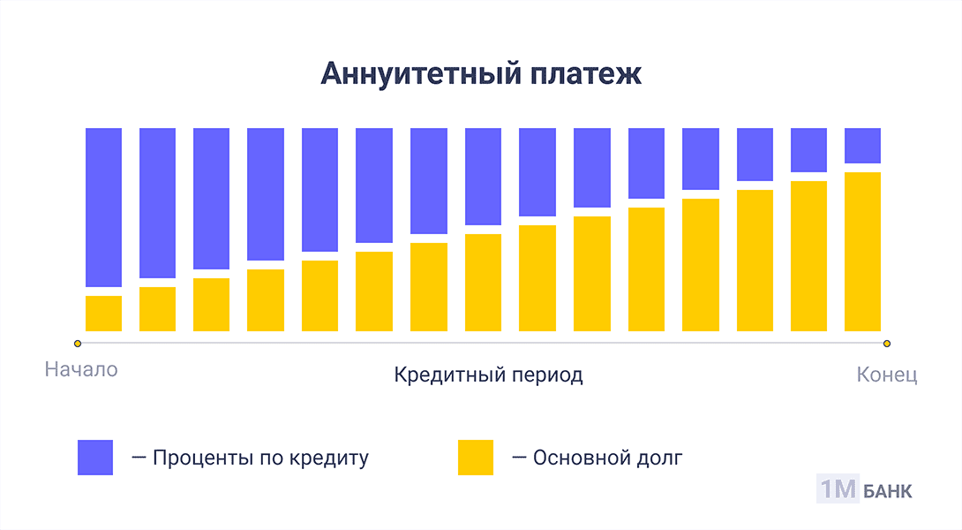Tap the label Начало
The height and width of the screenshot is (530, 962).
coord(81,369)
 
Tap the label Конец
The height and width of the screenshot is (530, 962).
coord(887,375)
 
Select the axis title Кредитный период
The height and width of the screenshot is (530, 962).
coord(488,375)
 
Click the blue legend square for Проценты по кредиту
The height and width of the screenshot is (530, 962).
coord(95,457)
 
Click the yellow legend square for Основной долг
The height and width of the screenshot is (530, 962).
coord(476,457)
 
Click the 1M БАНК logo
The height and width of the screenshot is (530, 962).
coord(864,490)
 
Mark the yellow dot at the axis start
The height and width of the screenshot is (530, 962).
coord(78,343)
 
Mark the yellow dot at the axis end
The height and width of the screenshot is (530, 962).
coord(887,343)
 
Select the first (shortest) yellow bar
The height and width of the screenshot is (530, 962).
coord(103,314)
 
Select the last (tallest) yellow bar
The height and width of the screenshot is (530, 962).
coord(862,252)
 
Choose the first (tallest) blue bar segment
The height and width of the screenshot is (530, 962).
coord(103,208)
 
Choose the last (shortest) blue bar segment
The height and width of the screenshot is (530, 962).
coord(862,146)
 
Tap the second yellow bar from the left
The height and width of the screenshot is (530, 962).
coord(157,309)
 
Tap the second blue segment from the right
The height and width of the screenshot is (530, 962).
coord(808,150)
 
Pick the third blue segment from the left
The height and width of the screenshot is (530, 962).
coord(212,199)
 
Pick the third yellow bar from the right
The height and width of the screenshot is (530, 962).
coord(755,261)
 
